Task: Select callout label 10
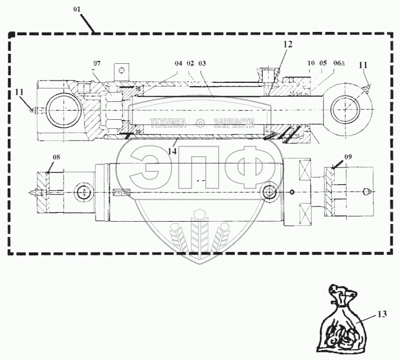point(311,63)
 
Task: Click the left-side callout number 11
point(20,92)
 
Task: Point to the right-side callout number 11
point(364,65)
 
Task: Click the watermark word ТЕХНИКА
point(168,124)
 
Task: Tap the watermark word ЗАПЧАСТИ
point(234,124)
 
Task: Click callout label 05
point(323,63)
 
